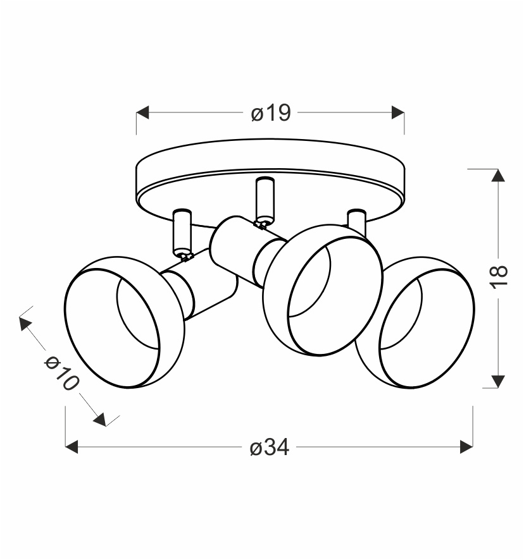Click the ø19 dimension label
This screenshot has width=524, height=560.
pyautogui.click(x=271, y=113)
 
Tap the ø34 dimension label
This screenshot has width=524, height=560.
pyautogui.click(x=270, y=447)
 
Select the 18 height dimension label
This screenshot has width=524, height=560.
pyautogui.click(x=499, y=277)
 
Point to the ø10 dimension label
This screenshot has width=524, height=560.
pyautogui.click(x=61, y=373)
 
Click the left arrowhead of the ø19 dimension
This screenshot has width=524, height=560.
pyautogui.click(x=142, y=113)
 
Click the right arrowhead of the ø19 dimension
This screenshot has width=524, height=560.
pyautogui.click(x=398, y=113)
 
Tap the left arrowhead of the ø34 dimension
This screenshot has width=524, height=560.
pyautogui.click(x=72, y=447)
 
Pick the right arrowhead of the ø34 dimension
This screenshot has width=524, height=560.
pyautogui.click(x=466, y=447)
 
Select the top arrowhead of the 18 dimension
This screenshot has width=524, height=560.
pyautogui.click(x=498, y=175)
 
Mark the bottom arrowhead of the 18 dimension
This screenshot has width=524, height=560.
pyautogui.click(x=498, y=382)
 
